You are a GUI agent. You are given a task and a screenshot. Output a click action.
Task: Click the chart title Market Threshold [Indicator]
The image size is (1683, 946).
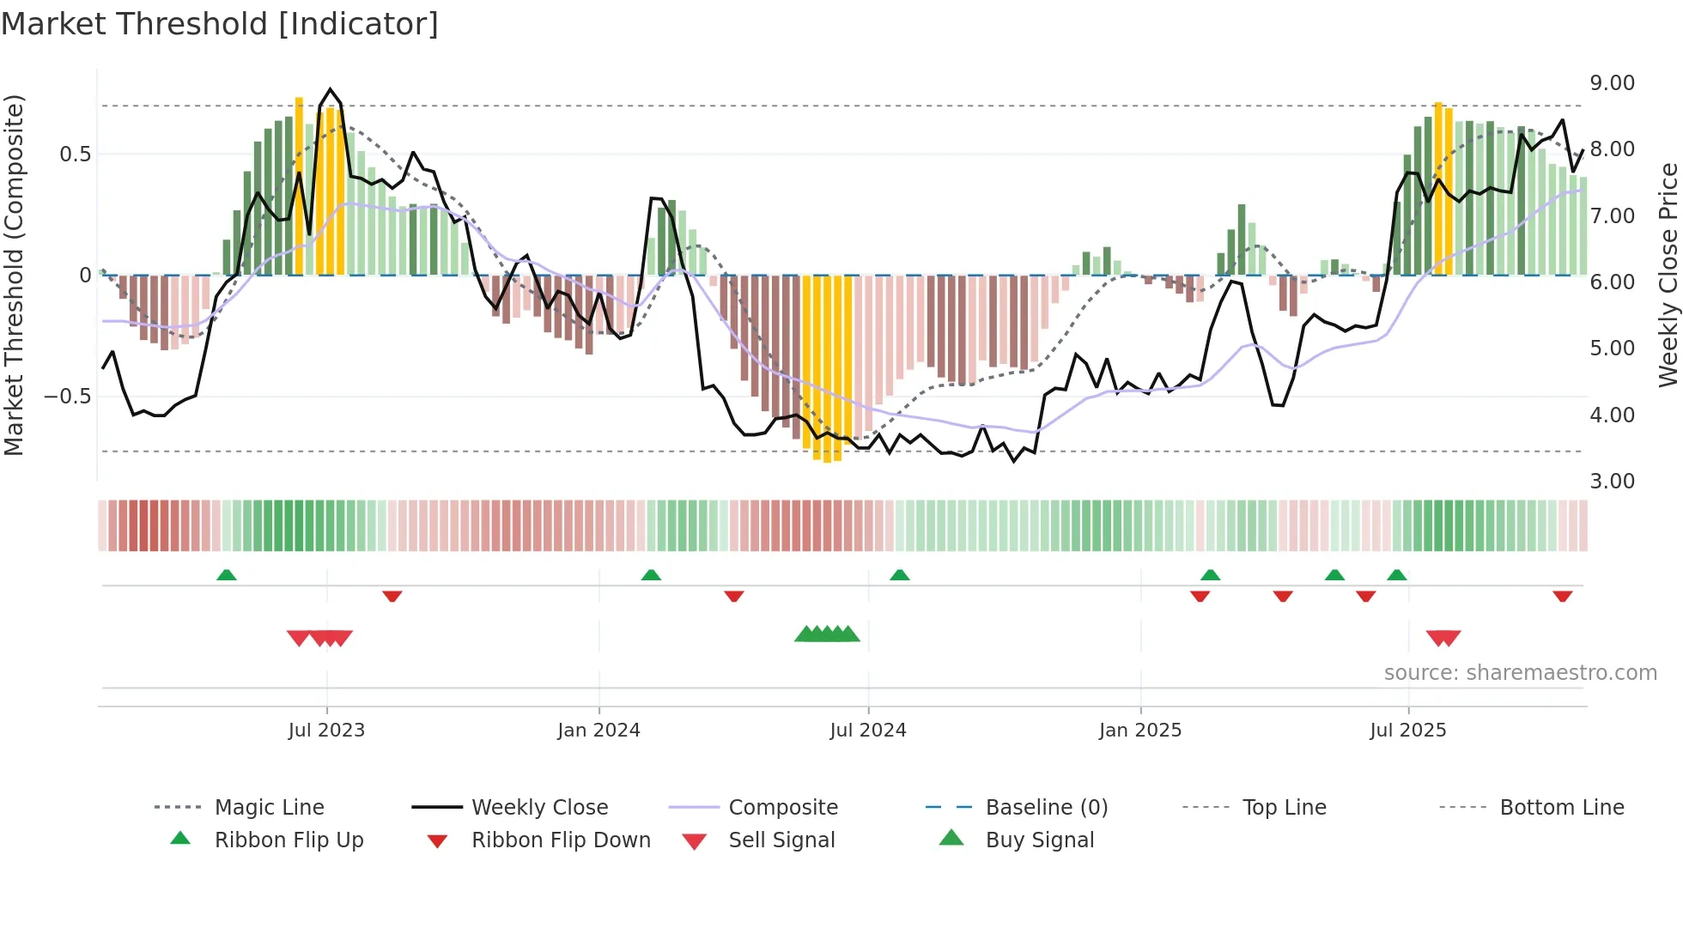click(220, 24)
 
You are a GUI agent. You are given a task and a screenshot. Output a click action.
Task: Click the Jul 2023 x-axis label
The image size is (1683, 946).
click(326, 731)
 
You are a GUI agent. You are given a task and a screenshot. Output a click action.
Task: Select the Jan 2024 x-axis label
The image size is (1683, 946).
click(598, 731)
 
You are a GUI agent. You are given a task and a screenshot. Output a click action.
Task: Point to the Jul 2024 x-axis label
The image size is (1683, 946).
click(868, 731)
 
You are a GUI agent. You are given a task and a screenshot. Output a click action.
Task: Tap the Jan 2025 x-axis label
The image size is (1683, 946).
click(1140, 731)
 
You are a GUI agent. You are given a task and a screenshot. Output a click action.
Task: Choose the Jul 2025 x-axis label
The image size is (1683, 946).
click(1408, 731)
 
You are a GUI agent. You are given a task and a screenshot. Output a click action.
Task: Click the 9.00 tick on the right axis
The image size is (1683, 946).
click(1612, 83)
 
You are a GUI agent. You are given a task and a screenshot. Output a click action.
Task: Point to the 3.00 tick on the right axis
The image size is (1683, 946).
click(1612, 482)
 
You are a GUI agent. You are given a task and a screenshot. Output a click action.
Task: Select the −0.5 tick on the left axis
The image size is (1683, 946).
click(67, 397)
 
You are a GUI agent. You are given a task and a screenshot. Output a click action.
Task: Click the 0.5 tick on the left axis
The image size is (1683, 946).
click(75, 155)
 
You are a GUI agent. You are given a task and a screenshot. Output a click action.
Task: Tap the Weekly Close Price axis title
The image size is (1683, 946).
click(1668, 275)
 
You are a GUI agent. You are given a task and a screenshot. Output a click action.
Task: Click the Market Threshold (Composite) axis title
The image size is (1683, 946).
click(14, 275)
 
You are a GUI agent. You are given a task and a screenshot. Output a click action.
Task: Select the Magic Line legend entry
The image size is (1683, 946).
click(269, 808)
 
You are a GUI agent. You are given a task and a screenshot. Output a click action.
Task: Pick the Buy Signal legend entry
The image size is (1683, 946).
click(1039, 840)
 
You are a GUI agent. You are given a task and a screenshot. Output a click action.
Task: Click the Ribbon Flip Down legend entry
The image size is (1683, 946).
click(560, 840)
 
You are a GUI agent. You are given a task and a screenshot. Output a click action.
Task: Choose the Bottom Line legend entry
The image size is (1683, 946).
click(1561, 808)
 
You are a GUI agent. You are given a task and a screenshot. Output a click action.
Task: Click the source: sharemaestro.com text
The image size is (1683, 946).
click(1520, 673)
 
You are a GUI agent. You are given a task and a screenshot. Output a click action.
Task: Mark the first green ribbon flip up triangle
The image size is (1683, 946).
click(227, 575)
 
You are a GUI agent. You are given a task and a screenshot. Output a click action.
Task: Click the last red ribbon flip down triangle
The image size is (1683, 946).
click(1563, 596)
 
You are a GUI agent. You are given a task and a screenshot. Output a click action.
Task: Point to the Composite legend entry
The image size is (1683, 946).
click(782, 808)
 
